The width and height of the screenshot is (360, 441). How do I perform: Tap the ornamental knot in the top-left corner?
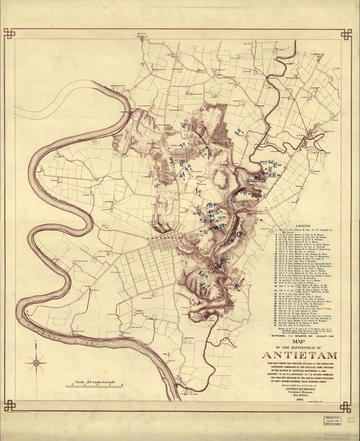9,33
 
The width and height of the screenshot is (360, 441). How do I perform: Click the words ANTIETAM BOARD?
300,389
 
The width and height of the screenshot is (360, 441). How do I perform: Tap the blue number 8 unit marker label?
243,133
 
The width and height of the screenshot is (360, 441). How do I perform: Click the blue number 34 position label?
279,165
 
